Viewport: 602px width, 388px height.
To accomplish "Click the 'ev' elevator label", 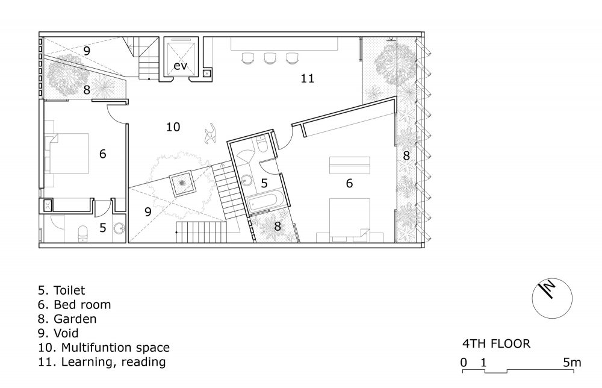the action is coord(180,66).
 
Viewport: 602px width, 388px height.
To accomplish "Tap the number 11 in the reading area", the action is coord(307,78).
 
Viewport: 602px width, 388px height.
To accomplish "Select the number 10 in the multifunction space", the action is coord(173,127).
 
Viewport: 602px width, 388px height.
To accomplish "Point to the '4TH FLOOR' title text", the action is coord(496,343).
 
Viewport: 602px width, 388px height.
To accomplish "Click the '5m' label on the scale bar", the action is coord(572,362).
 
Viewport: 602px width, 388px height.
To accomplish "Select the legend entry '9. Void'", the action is coord(58,333).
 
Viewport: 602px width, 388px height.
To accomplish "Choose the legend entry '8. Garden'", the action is coord(67,319).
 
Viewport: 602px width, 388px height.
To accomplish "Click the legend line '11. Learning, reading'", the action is coord(102,362).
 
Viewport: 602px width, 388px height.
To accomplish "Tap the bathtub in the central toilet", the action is coord(265,202).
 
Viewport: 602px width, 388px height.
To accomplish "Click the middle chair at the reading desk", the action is coord(270,58).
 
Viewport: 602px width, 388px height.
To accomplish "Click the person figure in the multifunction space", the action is coord(211,134).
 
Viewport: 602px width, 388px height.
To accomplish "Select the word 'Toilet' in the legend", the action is coord(69,290).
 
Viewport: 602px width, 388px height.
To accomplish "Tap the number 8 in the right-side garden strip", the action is coord(406,155).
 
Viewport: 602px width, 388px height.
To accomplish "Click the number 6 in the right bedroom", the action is coord(349,183).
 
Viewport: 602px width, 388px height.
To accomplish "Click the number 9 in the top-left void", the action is coord(87,51).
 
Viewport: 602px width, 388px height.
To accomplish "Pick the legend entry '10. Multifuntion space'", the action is coord(104,348).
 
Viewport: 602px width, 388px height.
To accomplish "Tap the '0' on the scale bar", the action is coord(464,362).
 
